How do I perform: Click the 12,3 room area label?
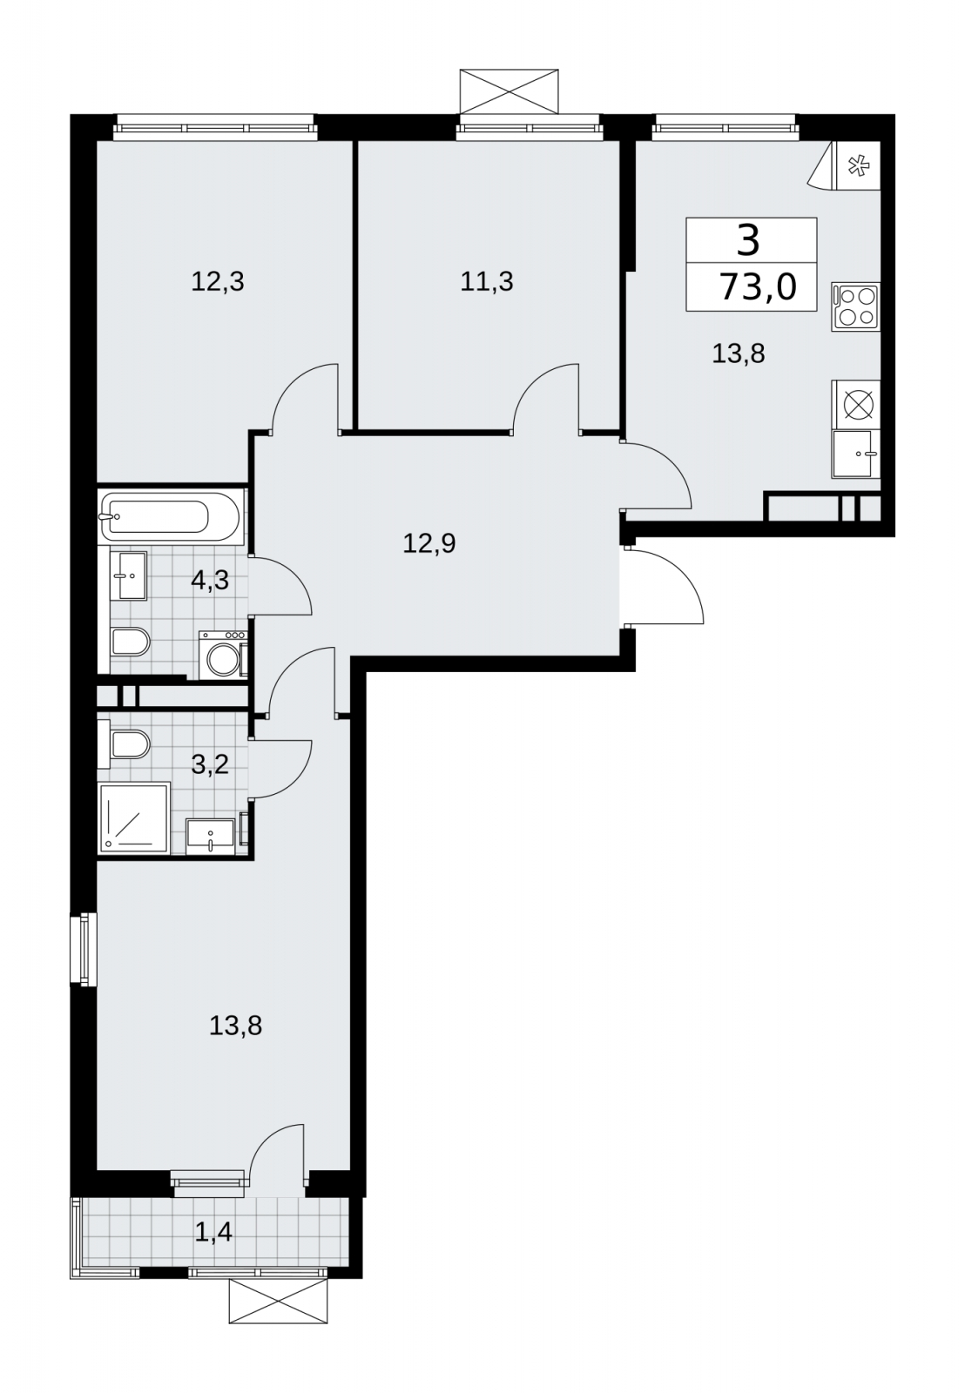(217, 282)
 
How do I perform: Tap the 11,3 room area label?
(487, 282)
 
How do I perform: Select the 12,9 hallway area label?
(429, 544)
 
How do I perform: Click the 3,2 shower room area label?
(210, 764)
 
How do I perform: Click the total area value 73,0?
(758, 288)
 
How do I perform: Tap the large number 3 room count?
(748, 240)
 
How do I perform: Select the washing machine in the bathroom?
(223, 655)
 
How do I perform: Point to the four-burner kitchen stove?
(855, 306)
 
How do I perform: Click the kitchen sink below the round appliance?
(855, 454)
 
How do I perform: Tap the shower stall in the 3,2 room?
(134, 818)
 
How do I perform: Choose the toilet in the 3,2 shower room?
(125, 744)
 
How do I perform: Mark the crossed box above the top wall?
(509, 91)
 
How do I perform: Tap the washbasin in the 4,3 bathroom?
(130, 575)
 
